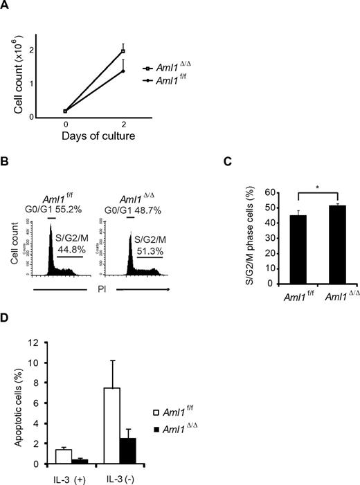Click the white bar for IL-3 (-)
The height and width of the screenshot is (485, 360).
pyautogui.click(x=112, y=426)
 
